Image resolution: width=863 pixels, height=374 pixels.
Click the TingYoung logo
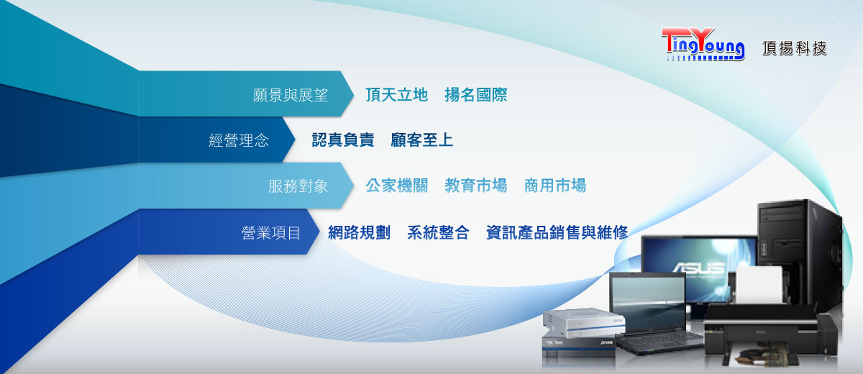[x=703, y=45]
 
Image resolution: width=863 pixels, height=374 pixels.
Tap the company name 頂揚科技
[x=795, y=48]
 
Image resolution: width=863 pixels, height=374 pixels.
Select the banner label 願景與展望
[x=291, y=95]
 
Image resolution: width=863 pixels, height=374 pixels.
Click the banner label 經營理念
[x=239, y=140]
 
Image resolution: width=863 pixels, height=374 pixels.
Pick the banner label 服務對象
[x=298, y=186]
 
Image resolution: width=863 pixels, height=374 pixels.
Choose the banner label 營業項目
[x=271, y=232]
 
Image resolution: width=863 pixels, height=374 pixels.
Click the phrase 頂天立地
[x=396, y=95]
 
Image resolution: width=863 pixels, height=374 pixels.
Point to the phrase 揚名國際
[x=476, y=95]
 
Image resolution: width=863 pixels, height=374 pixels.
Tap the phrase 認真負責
[x=343, y=140]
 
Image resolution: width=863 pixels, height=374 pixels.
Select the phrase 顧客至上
[x=422, y=140]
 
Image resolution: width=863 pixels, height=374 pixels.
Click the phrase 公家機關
[x=397, y=186]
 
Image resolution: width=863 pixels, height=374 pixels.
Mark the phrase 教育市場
[x=476, y=186]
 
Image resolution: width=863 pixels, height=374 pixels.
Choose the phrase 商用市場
[x=555, y=186]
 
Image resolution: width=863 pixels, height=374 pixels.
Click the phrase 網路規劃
[x=359, y=232]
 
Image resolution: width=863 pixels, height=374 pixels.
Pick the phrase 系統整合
[x=439, y=232]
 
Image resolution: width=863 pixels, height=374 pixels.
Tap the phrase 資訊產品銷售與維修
[x=557, y=232]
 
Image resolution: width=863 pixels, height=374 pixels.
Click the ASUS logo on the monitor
[x=699, y=268]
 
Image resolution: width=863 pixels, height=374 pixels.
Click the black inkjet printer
[x=770, y=333]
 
